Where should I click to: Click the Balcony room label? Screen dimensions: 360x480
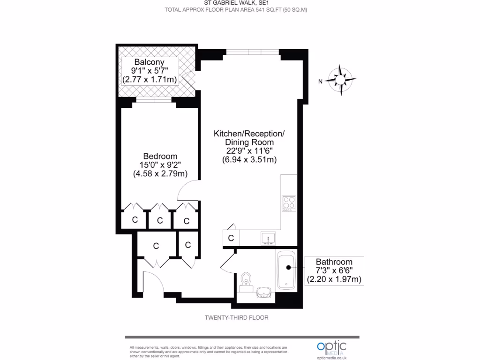[149, 62]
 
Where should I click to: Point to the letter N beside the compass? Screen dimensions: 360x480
[320, 82]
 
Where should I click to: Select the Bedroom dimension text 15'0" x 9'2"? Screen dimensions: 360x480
[160, 165]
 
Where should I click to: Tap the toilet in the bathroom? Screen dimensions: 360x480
[246, 280]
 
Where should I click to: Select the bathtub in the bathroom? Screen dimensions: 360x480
[286, 270]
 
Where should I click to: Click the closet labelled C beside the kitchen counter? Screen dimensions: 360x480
[231, 238]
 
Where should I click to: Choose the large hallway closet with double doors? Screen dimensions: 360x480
[156, 246]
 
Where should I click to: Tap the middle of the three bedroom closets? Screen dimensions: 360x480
[160, 220]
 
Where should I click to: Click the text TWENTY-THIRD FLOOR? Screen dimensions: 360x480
[236, 317]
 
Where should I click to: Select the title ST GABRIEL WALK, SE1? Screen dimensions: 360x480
[240, 3]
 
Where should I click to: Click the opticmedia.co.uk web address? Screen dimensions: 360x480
[331, 358]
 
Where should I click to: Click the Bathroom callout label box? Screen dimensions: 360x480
[334, 270]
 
